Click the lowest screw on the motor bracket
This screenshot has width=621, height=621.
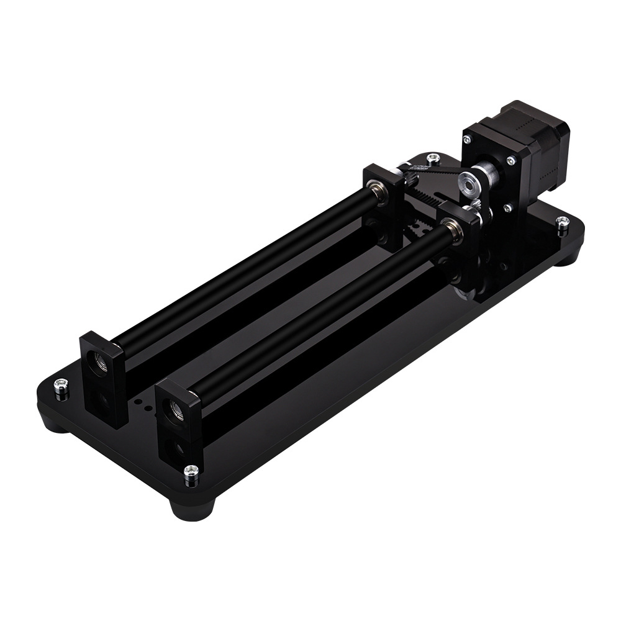pos(509,208)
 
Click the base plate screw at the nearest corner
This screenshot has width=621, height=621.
pos(191,469)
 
